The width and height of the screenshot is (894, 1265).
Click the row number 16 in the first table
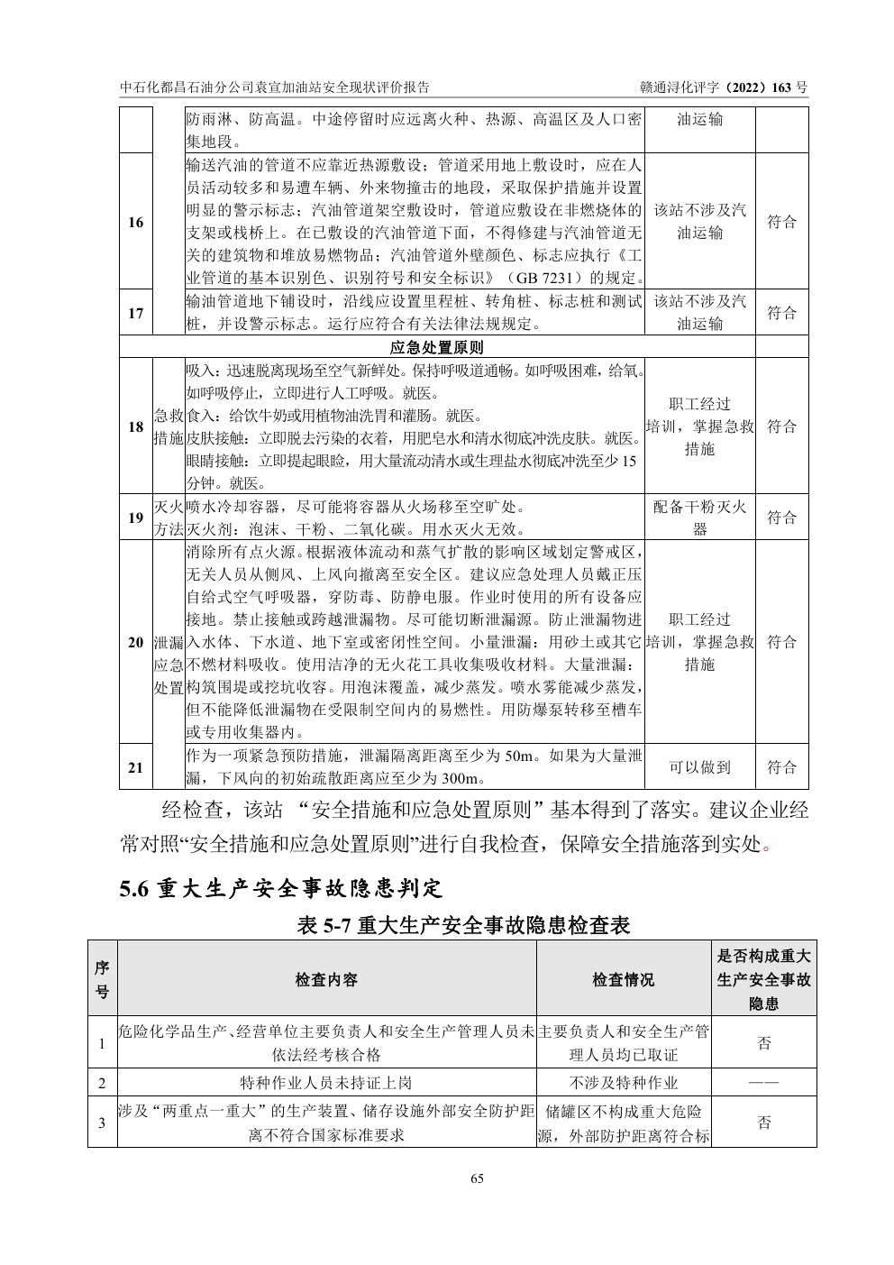click(135, 222)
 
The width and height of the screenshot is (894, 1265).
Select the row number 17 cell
click(135, 313)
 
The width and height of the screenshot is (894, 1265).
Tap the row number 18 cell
click(135, 426)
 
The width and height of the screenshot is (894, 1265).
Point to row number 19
click(135, 518)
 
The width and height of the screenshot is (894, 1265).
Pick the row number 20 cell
click(135, 642)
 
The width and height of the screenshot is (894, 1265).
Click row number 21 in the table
click(135, 767)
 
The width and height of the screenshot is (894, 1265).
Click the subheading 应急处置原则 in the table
click(437, 347)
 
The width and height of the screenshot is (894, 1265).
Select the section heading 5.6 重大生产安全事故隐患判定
click(282, 888)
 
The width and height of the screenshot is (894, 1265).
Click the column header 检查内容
click(326, 979)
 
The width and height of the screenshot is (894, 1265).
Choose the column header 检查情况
click(624, 979)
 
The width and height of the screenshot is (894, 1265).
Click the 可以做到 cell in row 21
click(699, 767)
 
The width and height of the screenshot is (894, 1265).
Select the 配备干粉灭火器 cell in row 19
click(699, 518)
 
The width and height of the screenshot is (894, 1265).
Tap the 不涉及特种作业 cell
click(624, 1082)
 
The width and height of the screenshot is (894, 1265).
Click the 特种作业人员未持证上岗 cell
click(326, 1082)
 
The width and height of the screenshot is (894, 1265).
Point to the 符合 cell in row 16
click(781, 222)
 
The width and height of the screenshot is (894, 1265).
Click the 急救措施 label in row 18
click(169, 426)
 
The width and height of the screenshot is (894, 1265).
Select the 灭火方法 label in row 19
click(169, 518)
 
